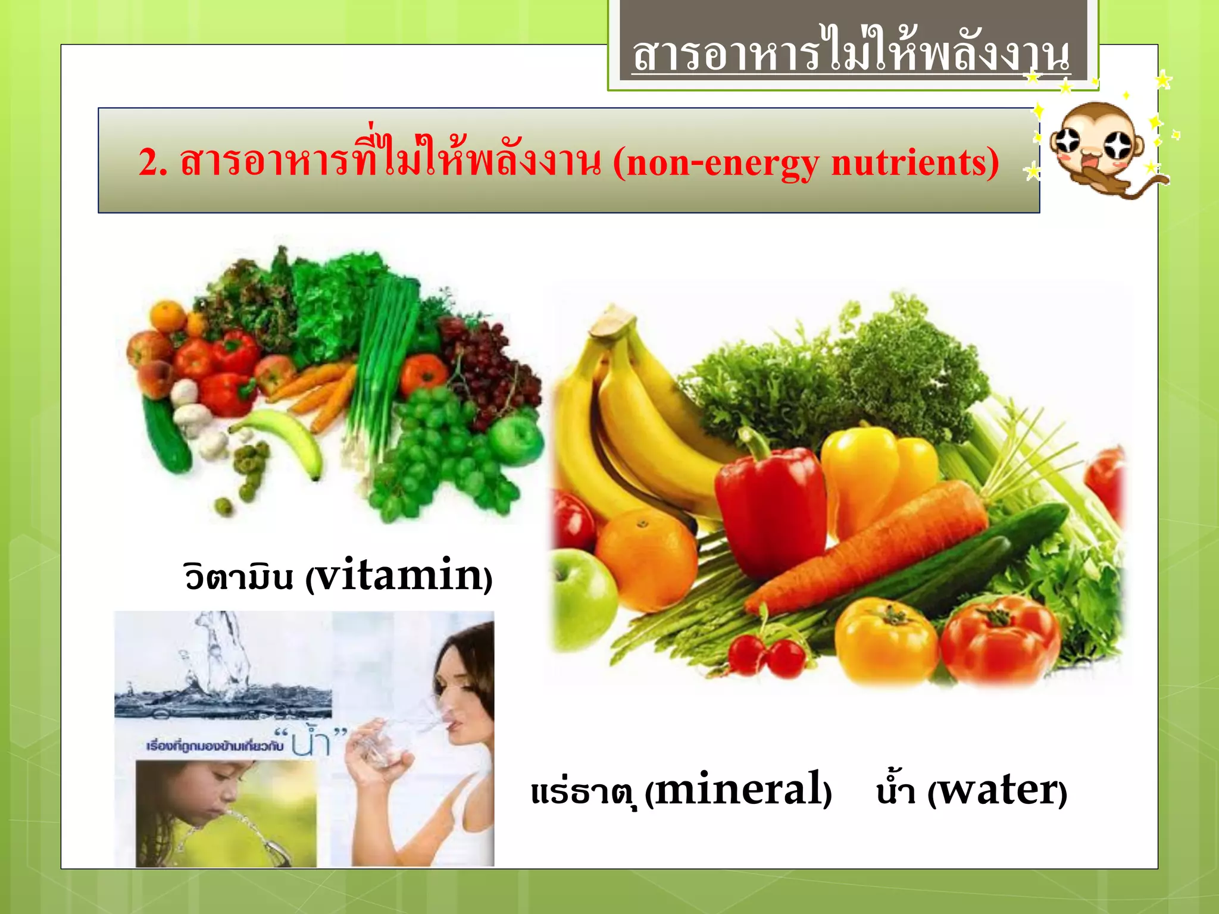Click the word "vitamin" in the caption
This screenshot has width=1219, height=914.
[x=397, y=575]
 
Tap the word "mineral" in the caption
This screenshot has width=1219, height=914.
[x=739, y=790]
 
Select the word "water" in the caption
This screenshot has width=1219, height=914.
[x=997, y=791]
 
